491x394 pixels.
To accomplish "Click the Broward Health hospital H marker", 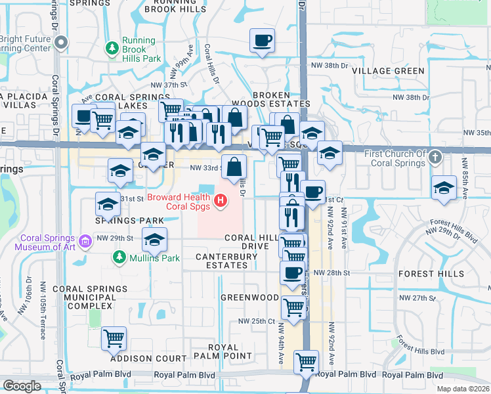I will (x=221, y=198).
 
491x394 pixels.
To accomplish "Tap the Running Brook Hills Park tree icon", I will (x=112, y=48).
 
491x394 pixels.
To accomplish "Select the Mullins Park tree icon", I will (x=118, y=257).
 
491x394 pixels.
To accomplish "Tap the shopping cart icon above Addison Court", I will (x=114, y=339).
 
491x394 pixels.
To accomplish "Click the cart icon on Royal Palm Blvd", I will (x=306, y=361).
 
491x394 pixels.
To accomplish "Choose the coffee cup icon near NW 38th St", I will (x=262, y=41).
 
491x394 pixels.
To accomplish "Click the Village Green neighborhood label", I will (x=387, y=71).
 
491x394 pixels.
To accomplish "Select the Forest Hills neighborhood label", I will (x=431, y=274).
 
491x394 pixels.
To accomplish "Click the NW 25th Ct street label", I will (x=255, y=321).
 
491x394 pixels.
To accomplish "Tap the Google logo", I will (x=22, y=386).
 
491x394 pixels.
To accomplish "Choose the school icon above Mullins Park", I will (x=155, y=240).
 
